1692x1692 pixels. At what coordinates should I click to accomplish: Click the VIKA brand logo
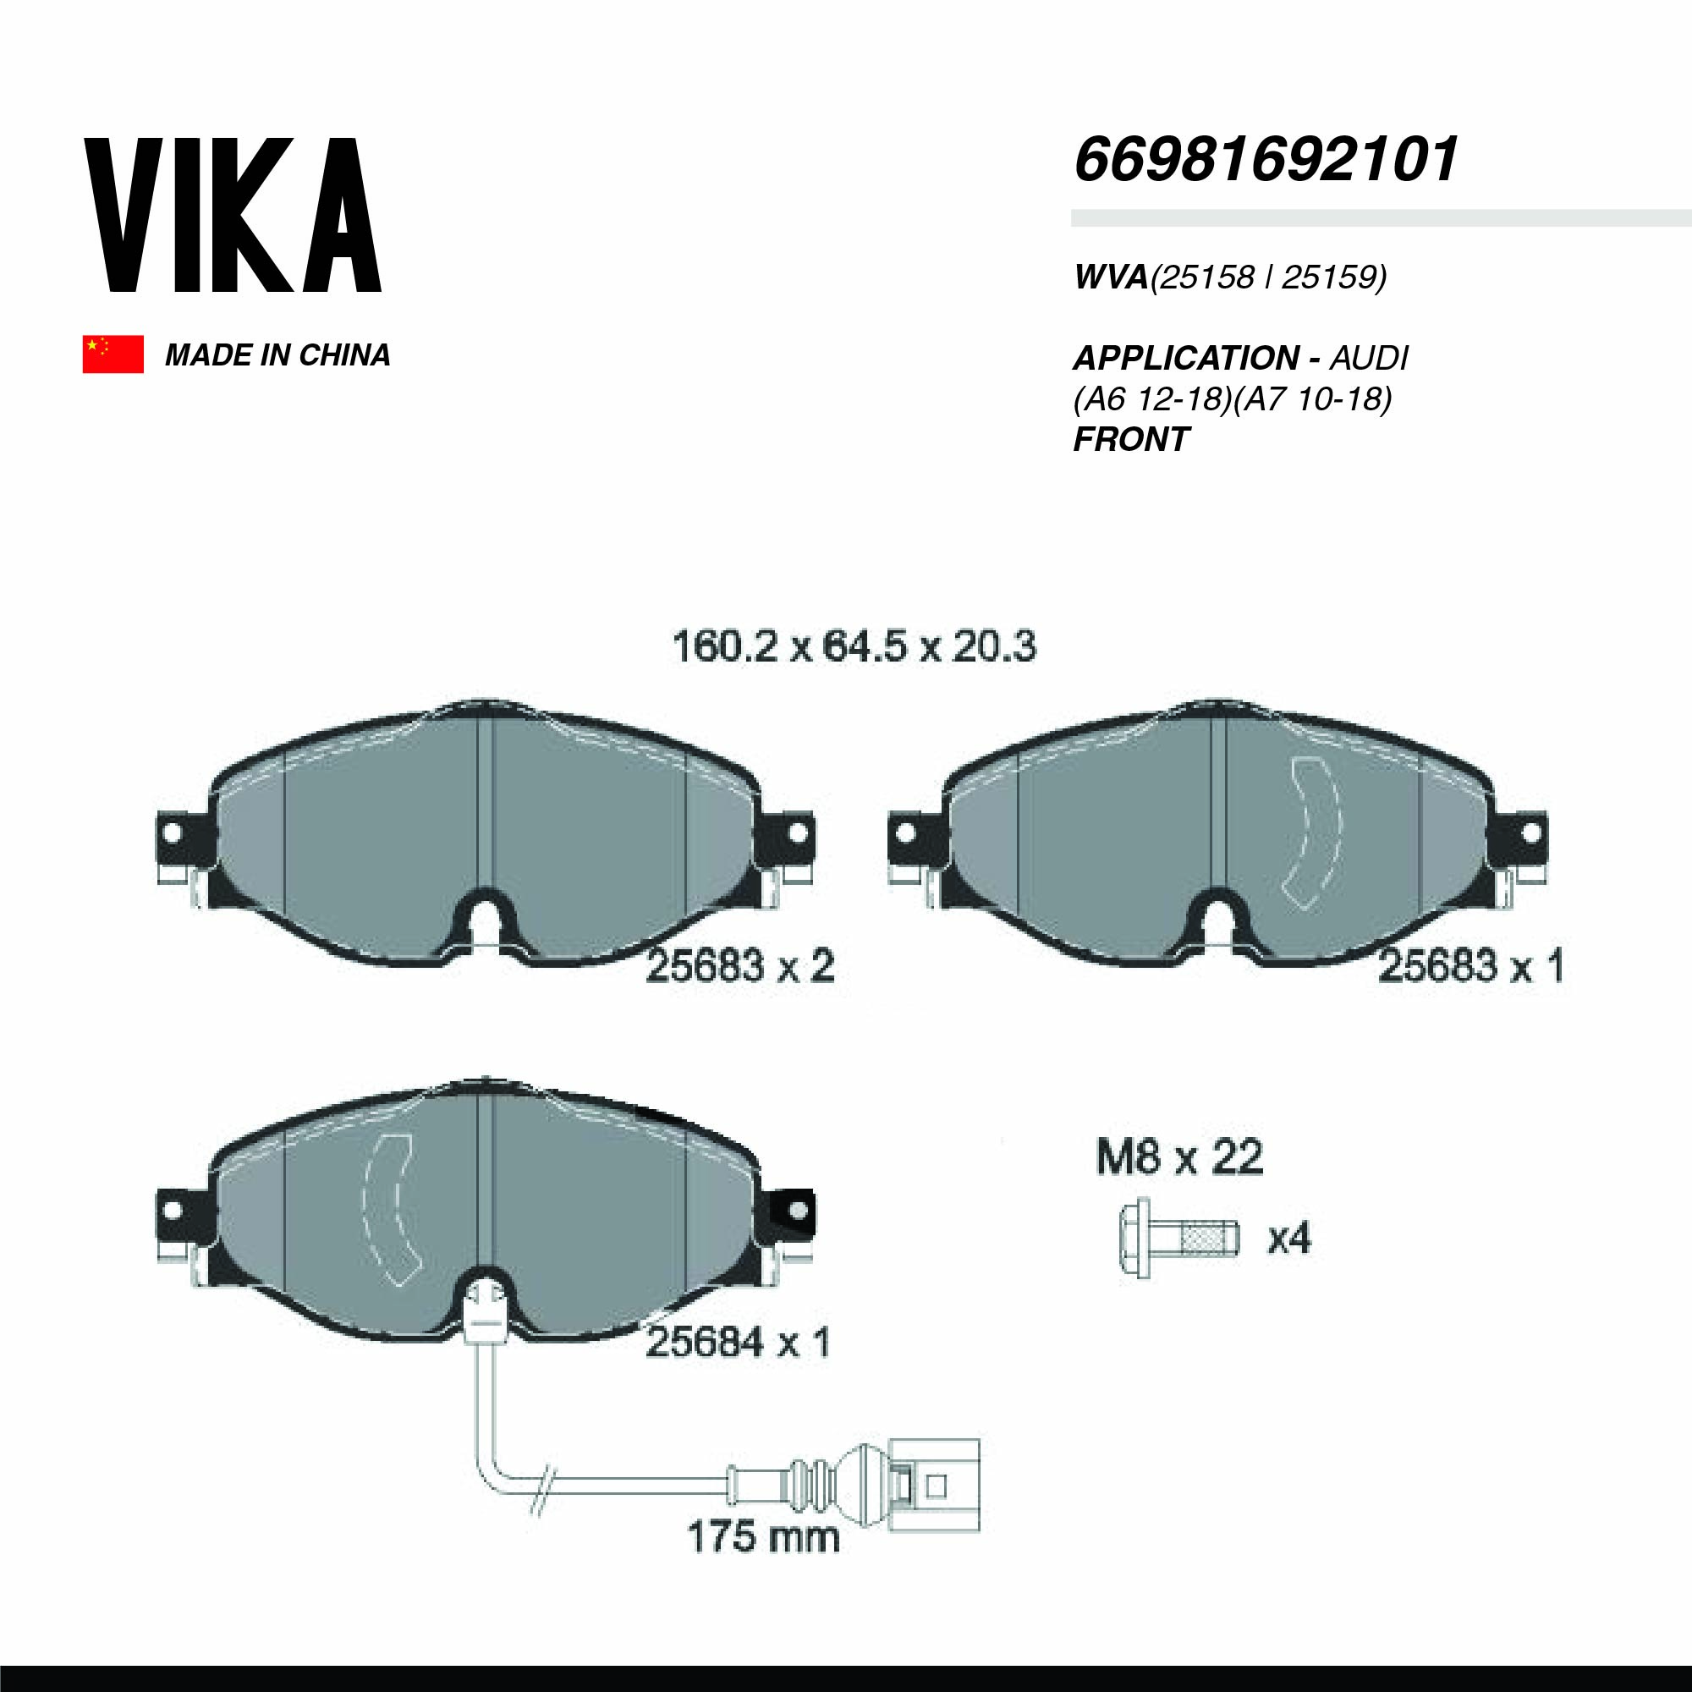232,216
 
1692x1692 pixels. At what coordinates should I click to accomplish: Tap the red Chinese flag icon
113,354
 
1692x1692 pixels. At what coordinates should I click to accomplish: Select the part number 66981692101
1266,160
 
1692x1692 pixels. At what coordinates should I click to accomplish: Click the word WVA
1111,277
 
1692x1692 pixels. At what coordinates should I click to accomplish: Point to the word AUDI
1370,358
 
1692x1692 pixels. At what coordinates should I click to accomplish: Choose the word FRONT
1130,440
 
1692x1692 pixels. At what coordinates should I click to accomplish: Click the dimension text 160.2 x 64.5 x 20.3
854,647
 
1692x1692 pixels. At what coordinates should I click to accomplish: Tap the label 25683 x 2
740,967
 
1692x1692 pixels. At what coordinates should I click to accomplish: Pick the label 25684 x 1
738,1343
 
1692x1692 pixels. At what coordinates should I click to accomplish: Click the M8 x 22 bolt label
1178,1158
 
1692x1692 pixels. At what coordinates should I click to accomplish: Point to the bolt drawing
1178,1238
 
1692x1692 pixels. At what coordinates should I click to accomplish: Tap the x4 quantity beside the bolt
1289,1239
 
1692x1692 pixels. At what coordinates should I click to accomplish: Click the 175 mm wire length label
763,1536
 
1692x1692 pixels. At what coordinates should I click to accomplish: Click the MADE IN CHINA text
277,354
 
